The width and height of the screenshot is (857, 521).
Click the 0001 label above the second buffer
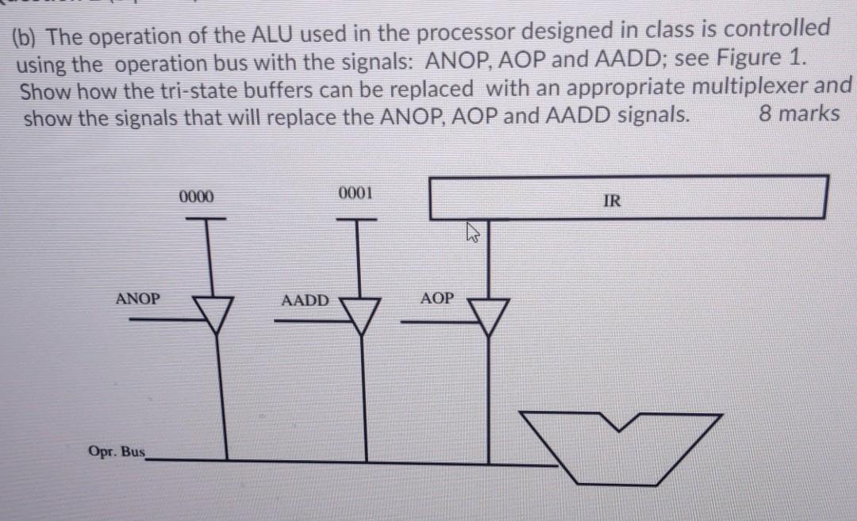tap(354, 193)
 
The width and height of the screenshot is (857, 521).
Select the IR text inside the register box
tap(612, 201)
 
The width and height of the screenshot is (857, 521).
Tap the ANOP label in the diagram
tap(137, 299)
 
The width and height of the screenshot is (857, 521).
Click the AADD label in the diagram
tap(305, 301)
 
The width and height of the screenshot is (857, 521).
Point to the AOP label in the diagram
tap(437, 298)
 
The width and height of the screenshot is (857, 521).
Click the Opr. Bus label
tap(117, 452)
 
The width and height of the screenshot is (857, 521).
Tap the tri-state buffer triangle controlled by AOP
tap(489, 313)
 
